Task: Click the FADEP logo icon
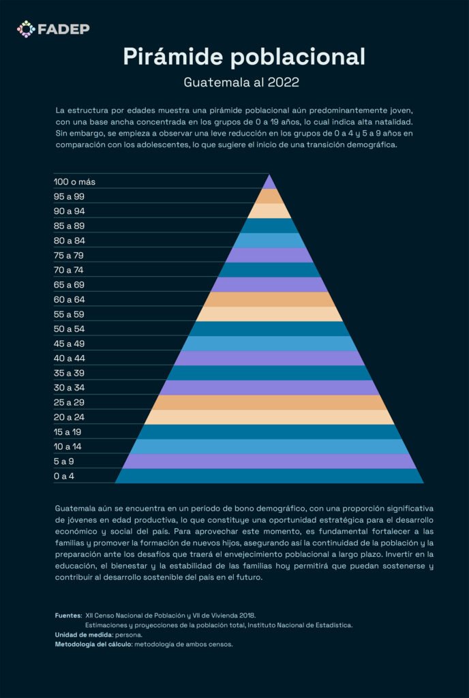pos(26,29)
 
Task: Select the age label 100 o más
pos(74,182)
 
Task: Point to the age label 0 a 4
pos(64,476)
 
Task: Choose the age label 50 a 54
pos(69,329)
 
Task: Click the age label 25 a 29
pos(69,402)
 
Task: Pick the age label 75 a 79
pos(69,256)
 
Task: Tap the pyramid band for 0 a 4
pos(269,476)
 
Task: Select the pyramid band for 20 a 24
pos(269,417)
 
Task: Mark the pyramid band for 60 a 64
pos(269,300)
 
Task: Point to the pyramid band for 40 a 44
pos(269,359)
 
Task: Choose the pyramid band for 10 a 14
pos(269,446)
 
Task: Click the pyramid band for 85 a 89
pos(269,226)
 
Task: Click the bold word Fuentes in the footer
pos(68,616)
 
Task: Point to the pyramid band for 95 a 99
pos(269,197)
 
